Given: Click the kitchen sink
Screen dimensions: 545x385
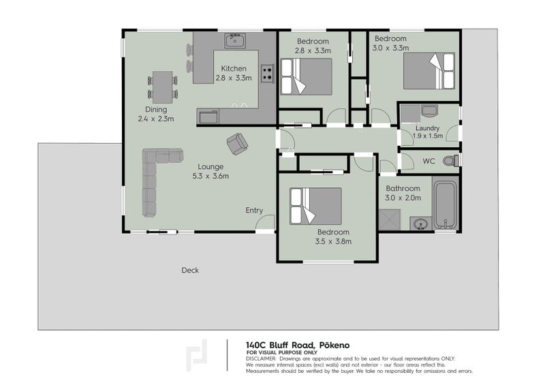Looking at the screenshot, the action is coord(235,41).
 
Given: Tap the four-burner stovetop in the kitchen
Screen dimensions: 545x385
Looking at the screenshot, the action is coord(267,74).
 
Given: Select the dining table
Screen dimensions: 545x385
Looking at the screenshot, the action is coord(162,87).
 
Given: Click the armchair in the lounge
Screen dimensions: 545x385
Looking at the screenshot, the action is coord(237,144).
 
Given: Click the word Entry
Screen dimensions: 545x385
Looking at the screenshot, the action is coord(254,210).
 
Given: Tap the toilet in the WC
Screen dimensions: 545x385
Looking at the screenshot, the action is coord(451,161).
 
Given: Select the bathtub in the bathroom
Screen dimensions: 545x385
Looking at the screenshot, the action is coord(446,204).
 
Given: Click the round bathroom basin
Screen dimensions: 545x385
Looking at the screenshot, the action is coord(421,224).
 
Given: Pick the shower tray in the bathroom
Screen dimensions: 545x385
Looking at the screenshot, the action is coord(390,220).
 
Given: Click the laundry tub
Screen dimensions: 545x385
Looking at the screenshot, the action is coord(429,111).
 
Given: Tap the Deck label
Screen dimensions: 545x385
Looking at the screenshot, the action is coord(190,271).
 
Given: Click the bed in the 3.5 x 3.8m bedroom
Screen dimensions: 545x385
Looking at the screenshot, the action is coord(315,206).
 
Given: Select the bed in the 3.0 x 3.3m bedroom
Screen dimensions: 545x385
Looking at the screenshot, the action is coord(429,71).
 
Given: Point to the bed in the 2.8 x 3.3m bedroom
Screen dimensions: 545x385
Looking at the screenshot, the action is coord(306,76).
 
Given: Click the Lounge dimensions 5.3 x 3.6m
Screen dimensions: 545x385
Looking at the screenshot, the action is coord(211,176).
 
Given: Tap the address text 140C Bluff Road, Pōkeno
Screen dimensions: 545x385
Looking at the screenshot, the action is coord(298,345).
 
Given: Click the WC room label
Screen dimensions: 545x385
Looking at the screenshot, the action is coord(429,161).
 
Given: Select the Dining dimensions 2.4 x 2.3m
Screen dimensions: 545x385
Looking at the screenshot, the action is coord(156,119).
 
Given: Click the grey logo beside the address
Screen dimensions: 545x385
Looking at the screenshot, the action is coord(196,355).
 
